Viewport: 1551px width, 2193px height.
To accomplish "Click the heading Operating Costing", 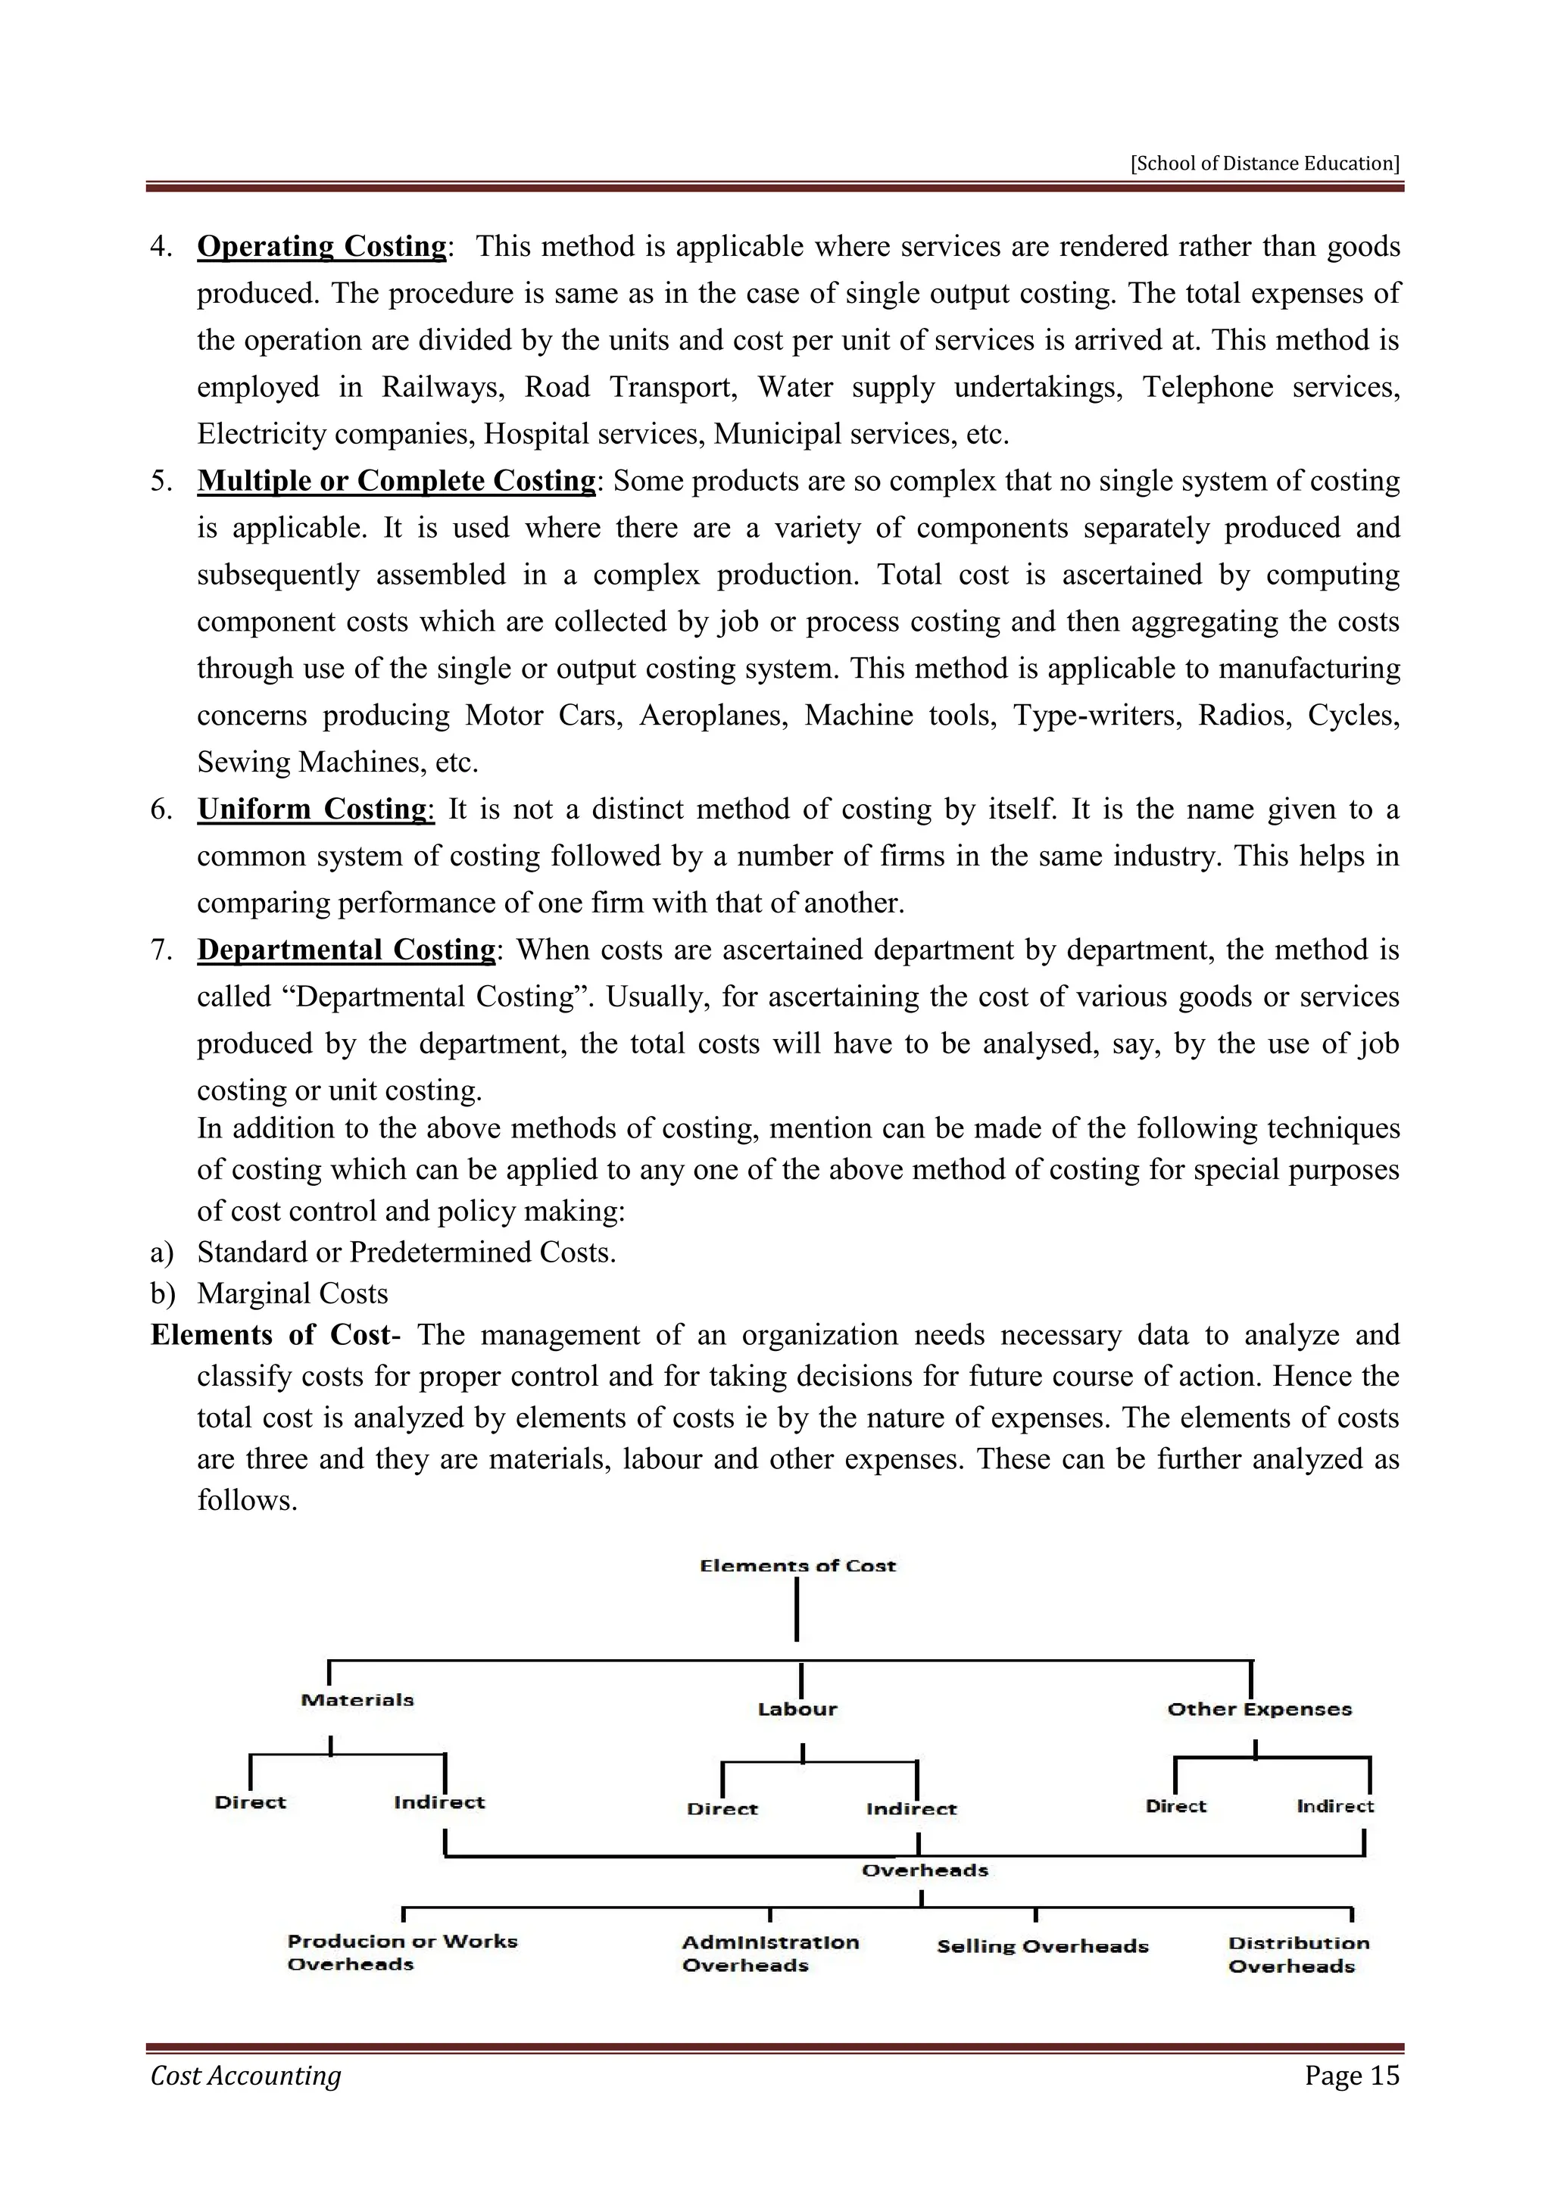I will (322, 246).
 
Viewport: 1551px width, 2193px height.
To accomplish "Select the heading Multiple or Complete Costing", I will (396, 480).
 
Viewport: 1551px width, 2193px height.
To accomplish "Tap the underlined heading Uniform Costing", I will (315, 809).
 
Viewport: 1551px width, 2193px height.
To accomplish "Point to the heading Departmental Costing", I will (346, 950).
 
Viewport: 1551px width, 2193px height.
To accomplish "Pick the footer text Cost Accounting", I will (245, 2076).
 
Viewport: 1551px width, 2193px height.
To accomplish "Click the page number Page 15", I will (1351, 2076).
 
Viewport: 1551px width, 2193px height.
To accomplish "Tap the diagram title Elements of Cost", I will (797, 1565).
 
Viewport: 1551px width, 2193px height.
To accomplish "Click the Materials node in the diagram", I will (357, 1699).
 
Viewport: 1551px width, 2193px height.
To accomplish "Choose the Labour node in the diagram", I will (797, 1709).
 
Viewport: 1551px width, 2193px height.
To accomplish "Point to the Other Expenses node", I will (1259, 1709).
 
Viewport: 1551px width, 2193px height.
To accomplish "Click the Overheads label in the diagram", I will (925, 1870).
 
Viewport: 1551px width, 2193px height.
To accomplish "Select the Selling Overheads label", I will (1042, 1947).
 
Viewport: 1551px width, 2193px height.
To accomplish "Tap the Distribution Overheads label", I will (1298, 1954).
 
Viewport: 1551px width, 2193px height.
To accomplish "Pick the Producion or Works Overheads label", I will (401, 1952).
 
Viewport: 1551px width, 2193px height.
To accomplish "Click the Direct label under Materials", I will (250, 1802).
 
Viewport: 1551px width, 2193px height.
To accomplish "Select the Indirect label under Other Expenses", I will (1334, 1806).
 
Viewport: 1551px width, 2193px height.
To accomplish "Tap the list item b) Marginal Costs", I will (292, 1293).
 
